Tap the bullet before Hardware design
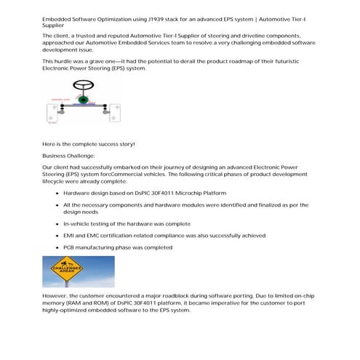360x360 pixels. [x=56, y=193]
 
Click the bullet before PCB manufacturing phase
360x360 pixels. [x=56, y=248]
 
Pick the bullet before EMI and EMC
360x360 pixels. [x=56, y=236]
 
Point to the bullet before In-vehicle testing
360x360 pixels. [x=56, y=224]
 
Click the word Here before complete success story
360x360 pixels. [x=50, y=143]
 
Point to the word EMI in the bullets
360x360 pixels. [x=70, y=236]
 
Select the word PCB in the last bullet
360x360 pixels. [x=70, y=248]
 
